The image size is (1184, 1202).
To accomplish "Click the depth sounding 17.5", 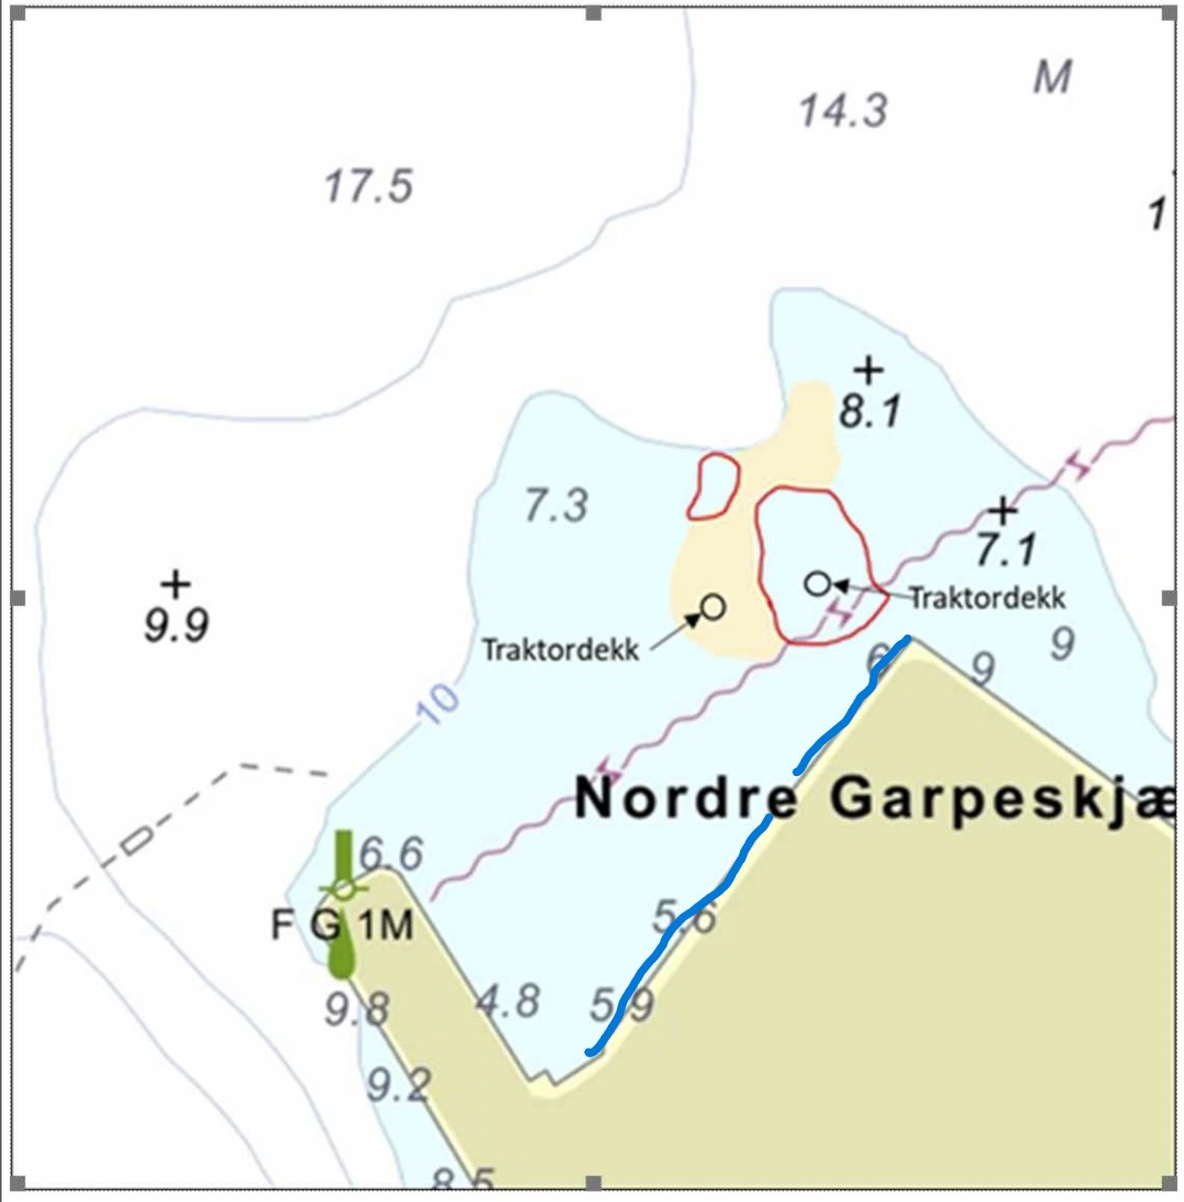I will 368,187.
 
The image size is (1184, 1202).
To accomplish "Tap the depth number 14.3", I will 843,111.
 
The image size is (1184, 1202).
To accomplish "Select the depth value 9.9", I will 176,626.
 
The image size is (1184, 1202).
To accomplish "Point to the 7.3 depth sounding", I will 556,505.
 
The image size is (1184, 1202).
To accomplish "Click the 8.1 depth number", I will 870,412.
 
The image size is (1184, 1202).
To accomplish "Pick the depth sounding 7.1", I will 1006,549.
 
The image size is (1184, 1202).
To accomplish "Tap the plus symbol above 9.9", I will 175,583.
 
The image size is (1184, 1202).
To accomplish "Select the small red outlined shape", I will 713,486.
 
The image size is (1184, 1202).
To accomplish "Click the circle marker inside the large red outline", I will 817,583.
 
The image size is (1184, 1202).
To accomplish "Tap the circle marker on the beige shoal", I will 712,606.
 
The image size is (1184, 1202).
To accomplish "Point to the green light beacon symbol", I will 343,904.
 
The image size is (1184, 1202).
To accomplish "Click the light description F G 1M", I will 342,924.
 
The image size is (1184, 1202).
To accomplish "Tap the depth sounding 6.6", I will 391,854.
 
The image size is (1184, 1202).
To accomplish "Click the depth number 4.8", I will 508,1001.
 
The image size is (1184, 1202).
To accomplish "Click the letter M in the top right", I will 1052,77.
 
